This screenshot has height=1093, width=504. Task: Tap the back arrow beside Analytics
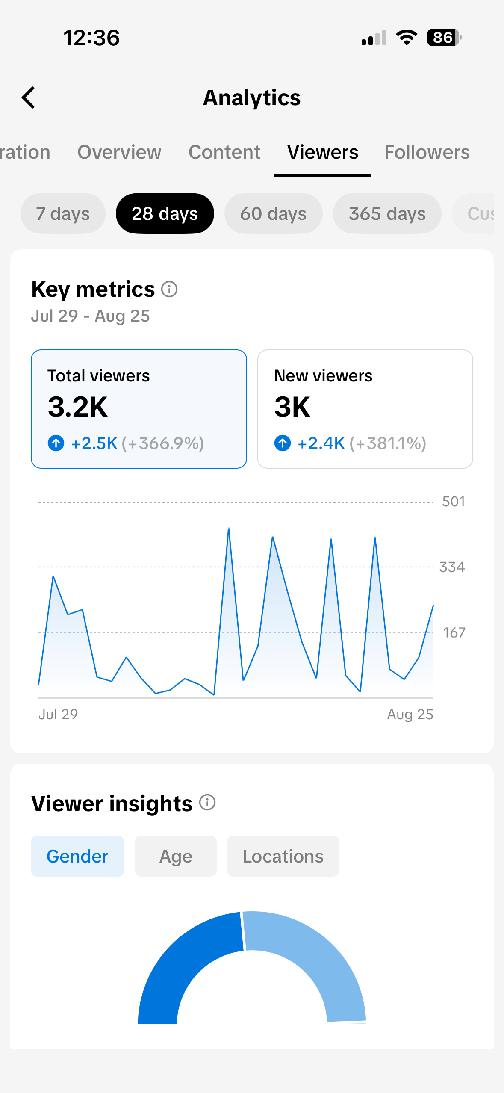click(x=28, y=97)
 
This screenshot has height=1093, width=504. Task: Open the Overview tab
click(x=119, y=152)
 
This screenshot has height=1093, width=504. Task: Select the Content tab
click(x=224, y=152)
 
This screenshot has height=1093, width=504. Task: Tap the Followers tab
click(x=427, y=152)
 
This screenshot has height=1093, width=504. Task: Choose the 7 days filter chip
click(x=63, y=213)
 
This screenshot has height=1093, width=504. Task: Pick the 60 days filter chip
click(x=273, y=213)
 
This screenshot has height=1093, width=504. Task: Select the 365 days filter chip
click(x=387, y=213)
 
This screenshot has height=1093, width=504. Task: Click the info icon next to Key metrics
click(x=169, y=289)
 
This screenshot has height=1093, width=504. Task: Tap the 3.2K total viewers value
click(x=78, y=407)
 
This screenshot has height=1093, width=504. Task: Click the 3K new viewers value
click(x=292, y=407)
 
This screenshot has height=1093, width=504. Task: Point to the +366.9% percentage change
click(x=163, y=443)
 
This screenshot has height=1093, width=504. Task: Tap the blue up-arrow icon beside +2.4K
click(x=283, y=443)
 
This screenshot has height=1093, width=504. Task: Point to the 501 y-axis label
click(x=454, y=502)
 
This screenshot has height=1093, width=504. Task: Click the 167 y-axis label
click(x=454, y=632)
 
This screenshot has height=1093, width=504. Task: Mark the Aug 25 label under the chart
click(x=410, y=715)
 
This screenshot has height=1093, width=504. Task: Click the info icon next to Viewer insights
click(x=207, y=802)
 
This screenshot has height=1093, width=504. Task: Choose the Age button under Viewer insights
click(x=176, y=856)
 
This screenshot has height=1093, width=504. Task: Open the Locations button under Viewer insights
click(x=283, y=856)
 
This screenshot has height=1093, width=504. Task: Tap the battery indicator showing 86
click(x=444, y=38)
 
